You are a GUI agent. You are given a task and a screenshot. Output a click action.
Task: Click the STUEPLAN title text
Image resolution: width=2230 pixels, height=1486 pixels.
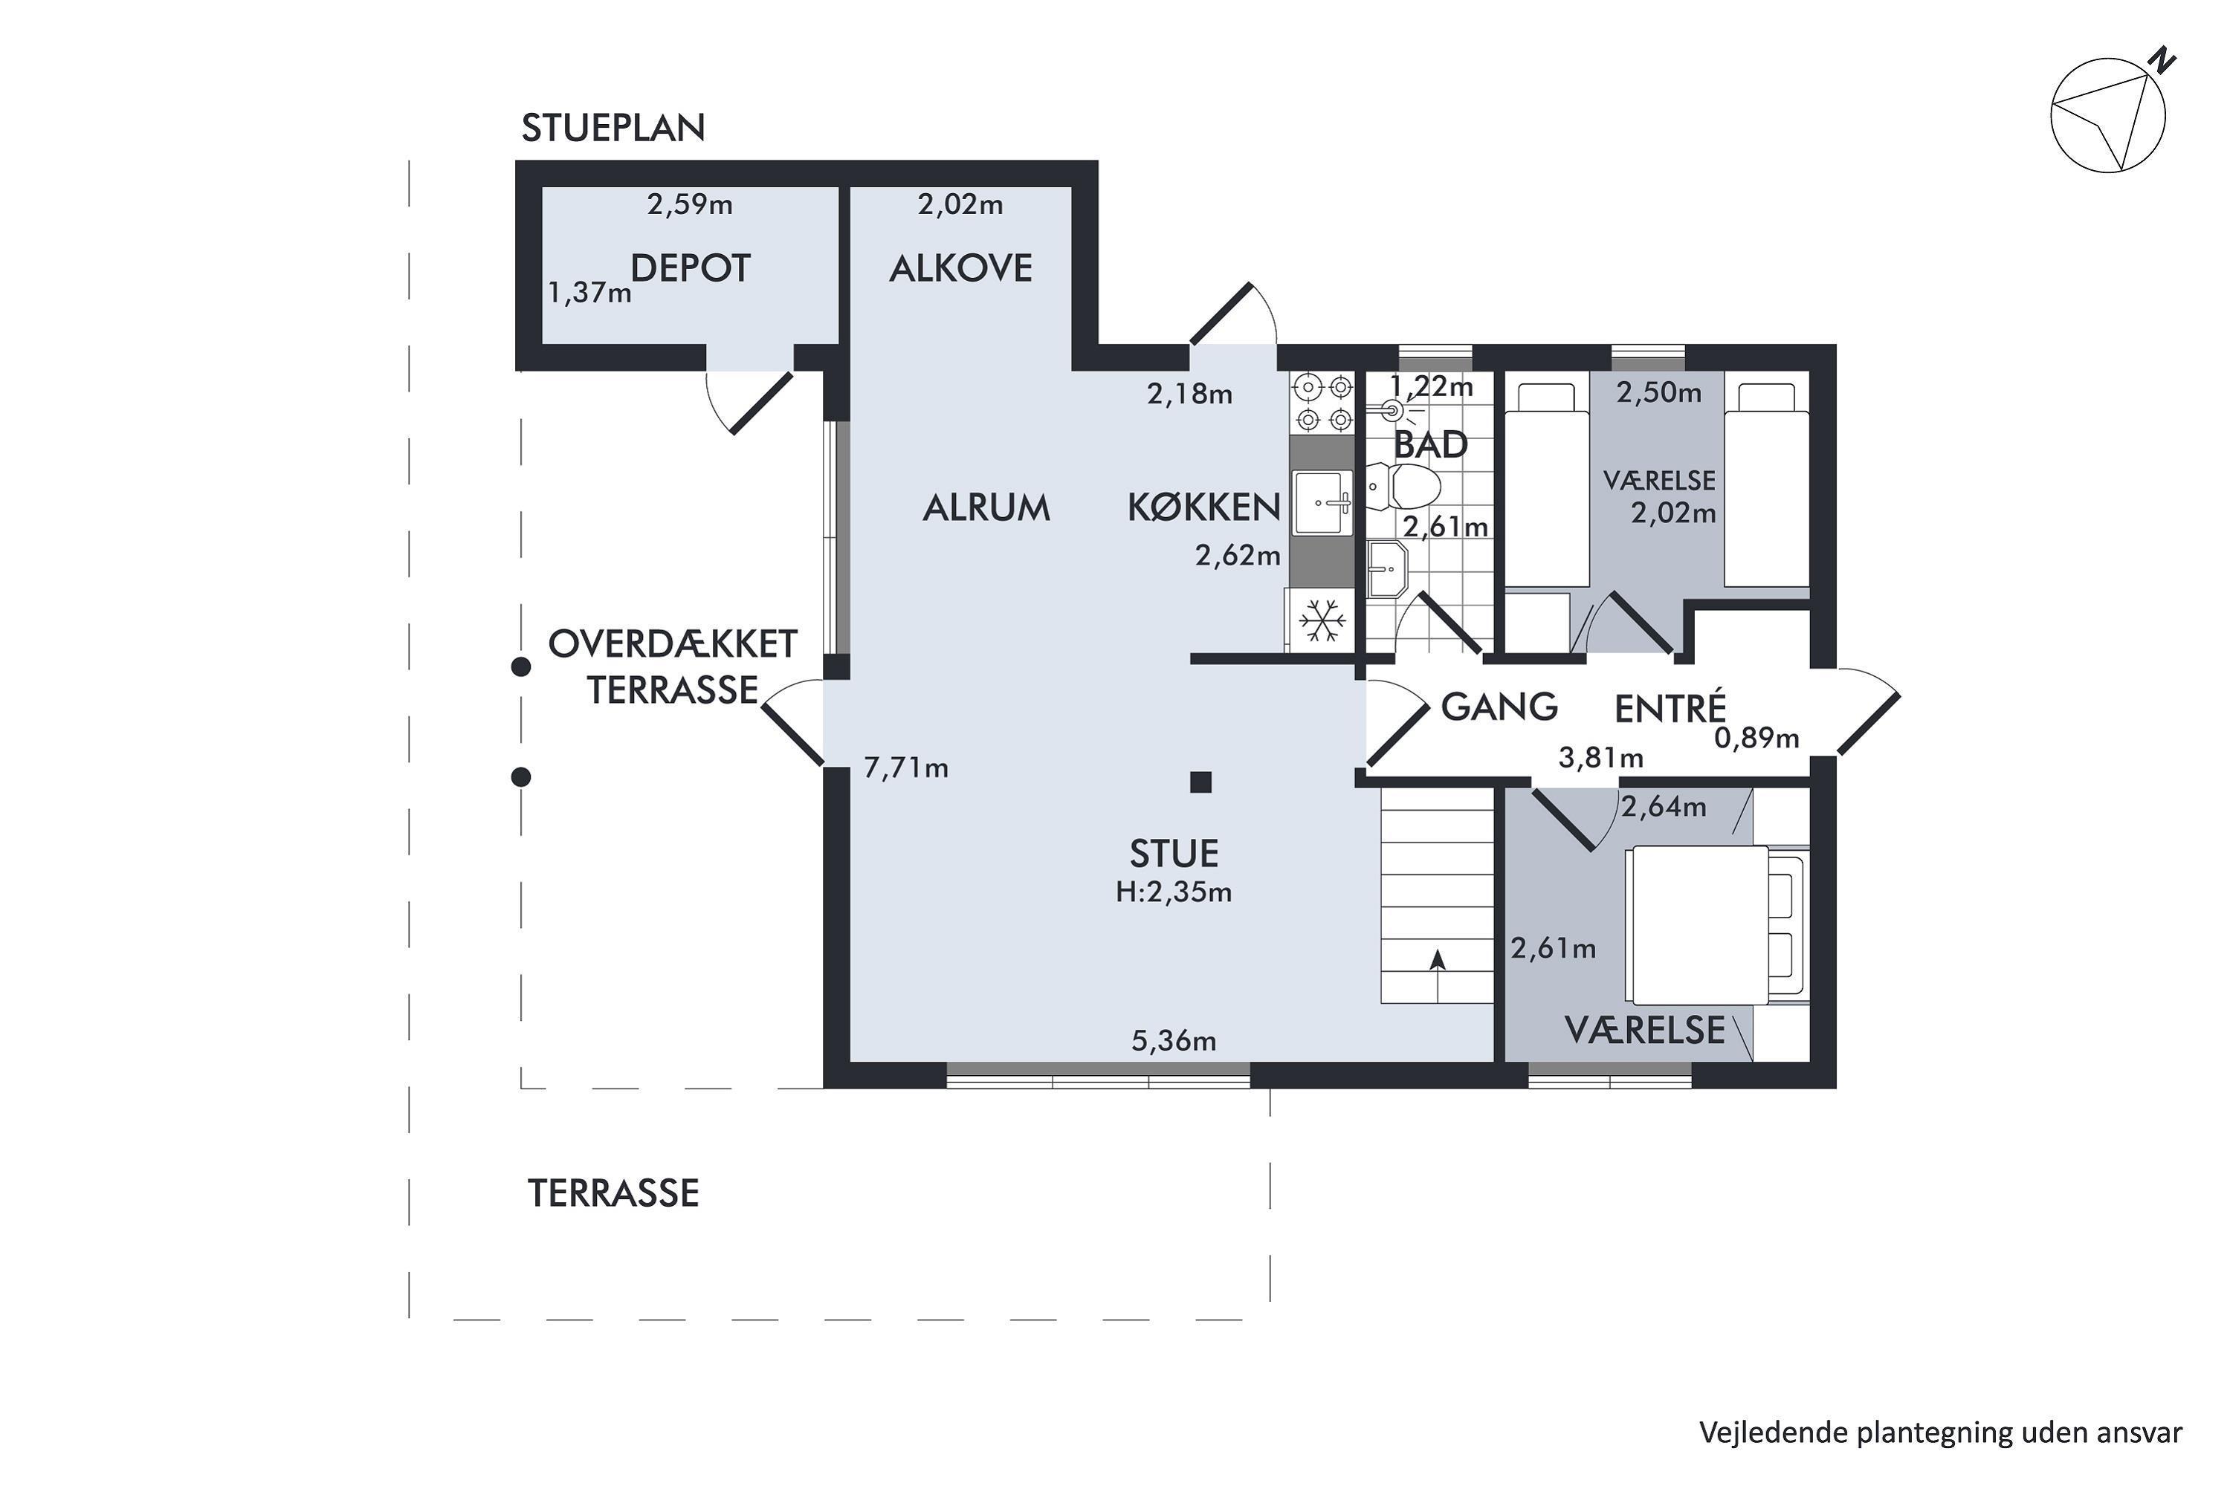click(613, 128)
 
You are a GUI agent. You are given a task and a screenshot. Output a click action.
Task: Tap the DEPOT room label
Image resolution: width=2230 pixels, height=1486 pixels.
click(691, 269)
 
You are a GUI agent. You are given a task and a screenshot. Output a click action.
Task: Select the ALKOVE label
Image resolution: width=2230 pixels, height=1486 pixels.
click(960, 269)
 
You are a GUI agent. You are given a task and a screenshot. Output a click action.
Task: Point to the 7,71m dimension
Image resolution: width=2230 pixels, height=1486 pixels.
click(905, 768)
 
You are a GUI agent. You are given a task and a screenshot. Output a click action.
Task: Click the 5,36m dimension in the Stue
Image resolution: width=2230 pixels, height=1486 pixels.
click(1174, 1042)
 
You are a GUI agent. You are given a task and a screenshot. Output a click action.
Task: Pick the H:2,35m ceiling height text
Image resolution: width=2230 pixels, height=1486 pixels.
click(1174, 892)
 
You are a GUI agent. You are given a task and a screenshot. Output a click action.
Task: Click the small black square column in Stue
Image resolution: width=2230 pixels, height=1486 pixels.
click(1201, 782)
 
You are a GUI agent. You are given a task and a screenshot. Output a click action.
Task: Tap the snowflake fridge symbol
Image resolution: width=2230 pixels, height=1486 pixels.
click(1322, 620)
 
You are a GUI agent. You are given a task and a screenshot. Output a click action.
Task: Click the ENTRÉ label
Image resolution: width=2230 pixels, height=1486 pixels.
click(1670, 709)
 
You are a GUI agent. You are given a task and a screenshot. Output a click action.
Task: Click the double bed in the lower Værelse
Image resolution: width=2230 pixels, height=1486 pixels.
click(1697, 924)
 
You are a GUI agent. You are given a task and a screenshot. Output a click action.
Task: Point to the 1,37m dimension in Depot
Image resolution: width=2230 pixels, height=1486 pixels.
click(589, 293)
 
